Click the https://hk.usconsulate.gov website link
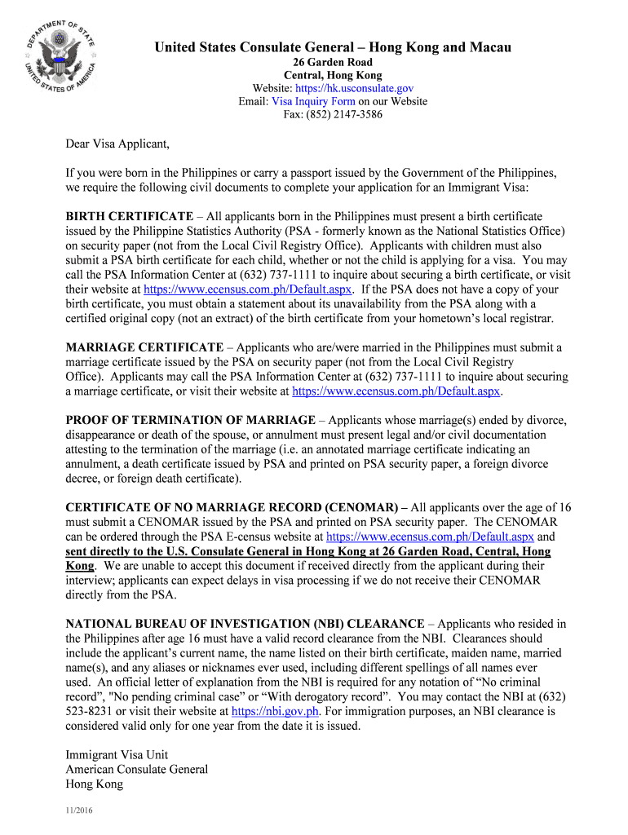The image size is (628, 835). coord(354,88)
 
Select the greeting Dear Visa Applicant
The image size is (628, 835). coord(117,145)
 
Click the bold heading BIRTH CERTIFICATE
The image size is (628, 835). coord(129,216)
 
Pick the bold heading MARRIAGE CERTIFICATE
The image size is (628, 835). coord(144,347)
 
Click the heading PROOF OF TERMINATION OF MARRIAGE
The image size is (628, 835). coord(190,420)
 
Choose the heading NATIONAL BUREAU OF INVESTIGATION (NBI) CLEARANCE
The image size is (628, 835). coord(245,624)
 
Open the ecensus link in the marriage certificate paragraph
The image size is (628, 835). coord(396,391)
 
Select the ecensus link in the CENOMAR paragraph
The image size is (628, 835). coord(430,537)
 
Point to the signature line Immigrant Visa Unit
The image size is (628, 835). coord(117,754)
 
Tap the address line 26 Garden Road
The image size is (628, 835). coord(333,62)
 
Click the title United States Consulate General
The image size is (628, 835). coord(333,47)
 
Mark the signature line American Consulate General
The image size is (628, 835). coord(136,769)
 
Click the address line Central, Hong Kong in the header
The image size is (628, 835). coord(333,75)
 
